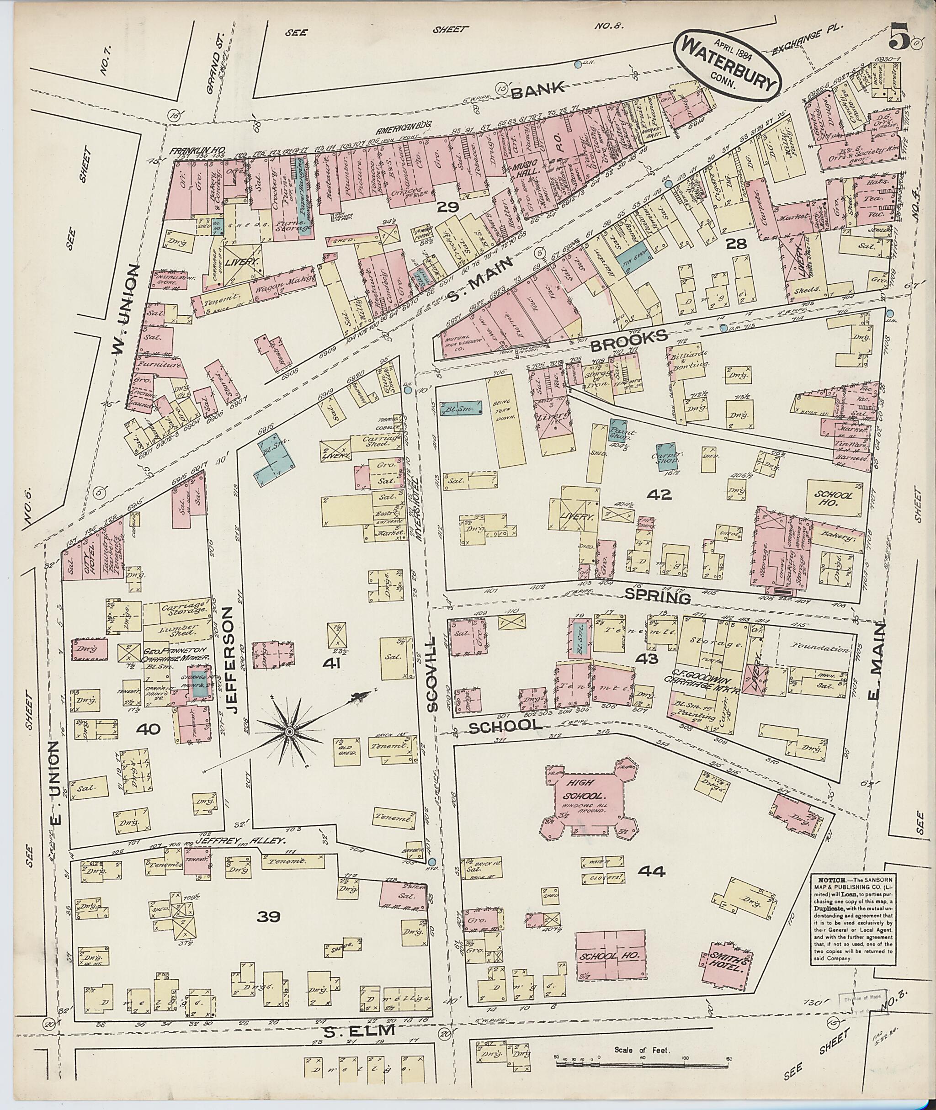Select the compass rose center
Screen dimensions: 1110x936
[289, 732]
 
